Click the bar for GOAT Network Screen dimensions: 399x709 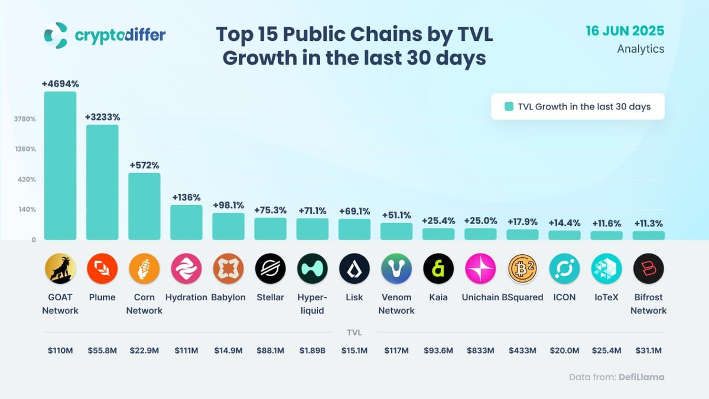pos(60,166)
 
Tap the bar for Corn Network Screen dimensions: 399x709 pos(144,206)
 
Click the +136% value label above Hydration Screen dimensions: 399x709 pos(186,197)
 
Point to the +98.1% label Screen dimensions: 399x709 pos(228,205)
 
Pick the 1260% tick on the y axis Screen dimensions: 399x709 pos(25,149)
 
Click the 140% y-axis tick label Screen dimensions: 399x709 pos(27,209)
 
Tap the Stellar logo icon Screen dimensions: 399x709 pos(270,269)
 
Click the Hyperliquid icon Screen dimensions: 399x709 pos(312,269)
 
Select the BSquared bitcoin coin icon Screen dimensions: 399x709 pos(522,269)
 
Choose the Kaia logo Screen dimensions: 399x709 pos(438,269)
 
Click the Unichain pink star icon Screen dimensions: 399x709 pos(480,269)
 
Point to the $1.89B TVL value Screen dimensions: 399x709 pos(312,351)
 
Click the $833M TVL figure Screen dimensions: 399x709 pos(480,351)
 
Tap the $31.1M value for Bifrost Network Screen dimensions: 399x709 pos(648,351)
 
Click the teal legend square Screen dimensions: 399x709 pos(509,107)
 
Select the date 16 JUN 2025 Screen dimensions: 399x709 pos(625,31)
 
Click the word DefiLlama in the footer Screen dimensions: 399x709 pos(641,377)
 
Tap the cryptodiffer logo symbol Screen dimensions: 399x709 pos(56,35)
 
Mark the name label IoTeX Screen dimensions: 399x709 pos(606,297)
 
